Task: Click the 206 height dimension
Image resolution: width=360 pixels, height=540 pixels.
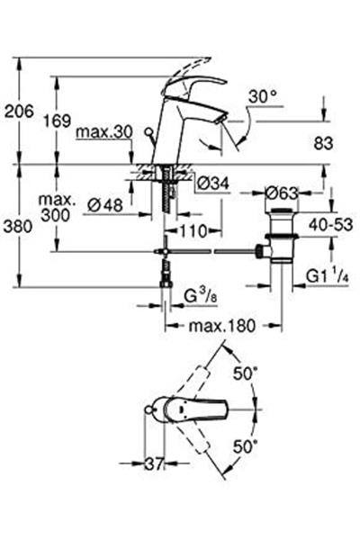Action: coord(20,111)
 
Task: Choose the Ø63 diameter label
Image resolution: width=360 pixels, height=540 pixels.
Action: coord(282,192)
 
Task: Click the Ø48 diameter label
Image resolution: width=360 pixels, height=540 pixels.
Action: coord(105,205)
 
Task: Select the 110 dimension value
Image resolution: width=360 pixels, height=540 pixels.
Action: coord(190,230)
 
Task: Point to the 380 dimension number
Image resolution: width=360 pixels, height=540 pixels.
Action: coord(20,228)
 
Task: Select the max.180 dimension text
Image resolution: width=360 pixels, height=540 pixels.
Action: coord(219,322)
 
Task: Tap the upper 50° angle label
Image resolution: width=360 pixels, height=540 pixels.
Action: coord(246,371)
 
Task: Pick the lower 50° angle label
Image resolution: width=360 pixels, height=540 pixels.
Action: coord(246,445)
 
